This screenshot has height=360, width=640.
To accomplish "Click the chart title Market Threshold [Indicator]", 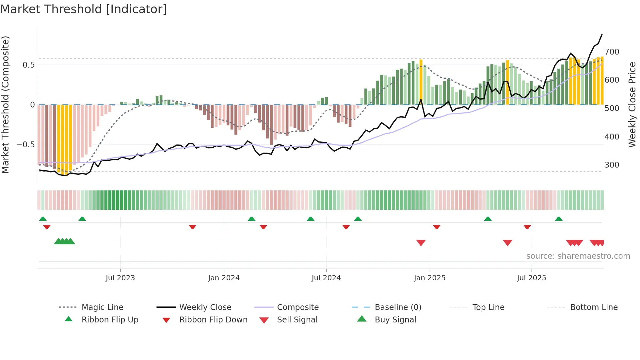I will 84,9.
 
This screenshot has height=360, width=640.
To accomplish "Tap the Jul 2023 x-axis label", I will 120,278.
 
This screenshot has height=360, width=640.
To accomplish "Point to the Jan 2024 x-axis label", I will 224,278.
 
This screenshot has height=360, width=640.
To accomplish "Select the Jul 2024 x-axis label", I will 326,278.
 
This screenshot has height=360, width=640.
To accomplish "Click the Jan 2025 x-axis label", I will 429,278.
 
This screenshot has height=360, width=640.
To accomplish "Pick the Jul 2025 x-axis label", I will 531,278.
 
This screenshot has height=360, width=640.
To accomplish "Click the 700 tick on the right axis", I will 612,52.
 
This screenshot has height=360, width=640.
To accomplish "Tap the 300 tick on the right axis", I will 612,165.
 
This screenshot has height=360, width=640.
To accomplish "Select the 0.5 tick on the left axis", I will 28,65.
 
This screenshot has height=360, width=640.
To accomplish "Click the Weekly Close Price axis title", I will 632,105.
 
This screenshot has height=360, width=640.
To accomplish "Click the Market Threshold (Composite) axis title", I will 5,105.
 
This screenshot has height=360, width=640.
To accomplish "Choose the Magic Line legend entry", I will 102,307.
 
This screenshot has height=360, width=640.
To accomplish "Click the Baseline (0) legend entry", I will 398,307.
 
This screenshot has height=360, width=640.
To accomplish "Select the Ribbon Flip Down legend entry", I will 213,319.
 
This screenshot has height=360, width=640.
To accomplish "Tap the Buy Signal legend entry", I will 395,319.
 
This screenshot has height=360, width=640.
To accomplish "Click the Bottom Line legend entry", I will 594,307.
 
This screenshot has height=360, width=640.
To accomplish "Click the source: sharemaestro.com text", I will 578,256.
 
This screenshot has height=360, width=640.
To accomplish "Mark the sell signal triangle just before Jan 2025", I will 421,242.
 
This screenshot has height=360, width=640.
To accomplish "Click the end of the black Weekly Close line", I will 602,34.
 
